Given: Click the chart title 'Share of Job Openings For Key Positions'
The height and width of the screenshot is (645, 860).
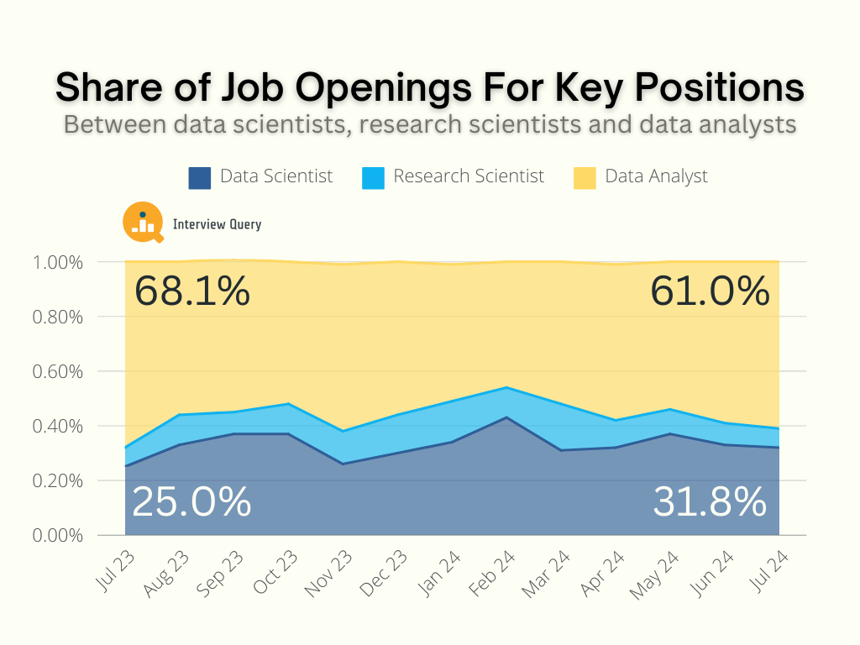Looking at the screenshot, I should pos(429,87).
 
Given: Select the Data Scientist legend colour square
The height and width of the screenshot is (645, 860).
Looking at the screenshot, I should pos(199,177).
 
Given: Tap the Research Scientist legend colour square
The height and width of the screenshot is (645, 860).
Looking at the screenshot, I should pos(373,177).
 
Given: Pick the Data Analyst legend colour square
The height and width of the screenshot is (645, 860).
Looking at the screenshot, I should pos(585,177).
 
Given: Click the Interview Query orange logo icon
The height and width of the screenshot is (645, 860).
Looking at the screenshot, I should pos(143,223).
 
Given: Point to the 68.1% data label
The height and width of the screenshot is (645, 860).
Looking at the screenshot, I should pos(192,291).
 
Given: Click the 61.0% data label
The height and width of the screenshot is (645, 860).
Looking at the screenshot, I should pos(710,291).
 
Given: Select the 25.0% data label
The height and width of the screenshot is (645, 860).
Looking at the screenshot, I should pos(192,502).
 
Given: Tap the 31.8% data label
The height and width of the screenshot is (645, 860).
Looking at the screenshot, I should pos(710,502).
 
